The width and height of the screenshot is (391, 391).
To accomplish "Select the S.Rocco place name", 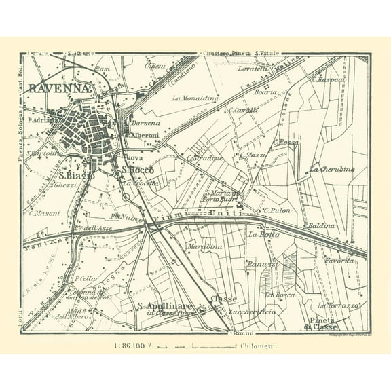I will point(138,170).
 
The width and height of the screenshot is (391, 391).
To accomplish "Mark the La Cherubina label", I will point(332,169).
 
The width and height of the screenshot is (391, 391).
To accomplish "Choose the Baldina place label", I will point(320,225).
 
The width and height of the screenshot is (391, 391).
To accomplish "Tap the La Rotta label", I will point(261,234).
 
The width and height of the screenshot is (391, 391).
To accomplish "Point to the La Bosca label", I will point(278,294).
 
